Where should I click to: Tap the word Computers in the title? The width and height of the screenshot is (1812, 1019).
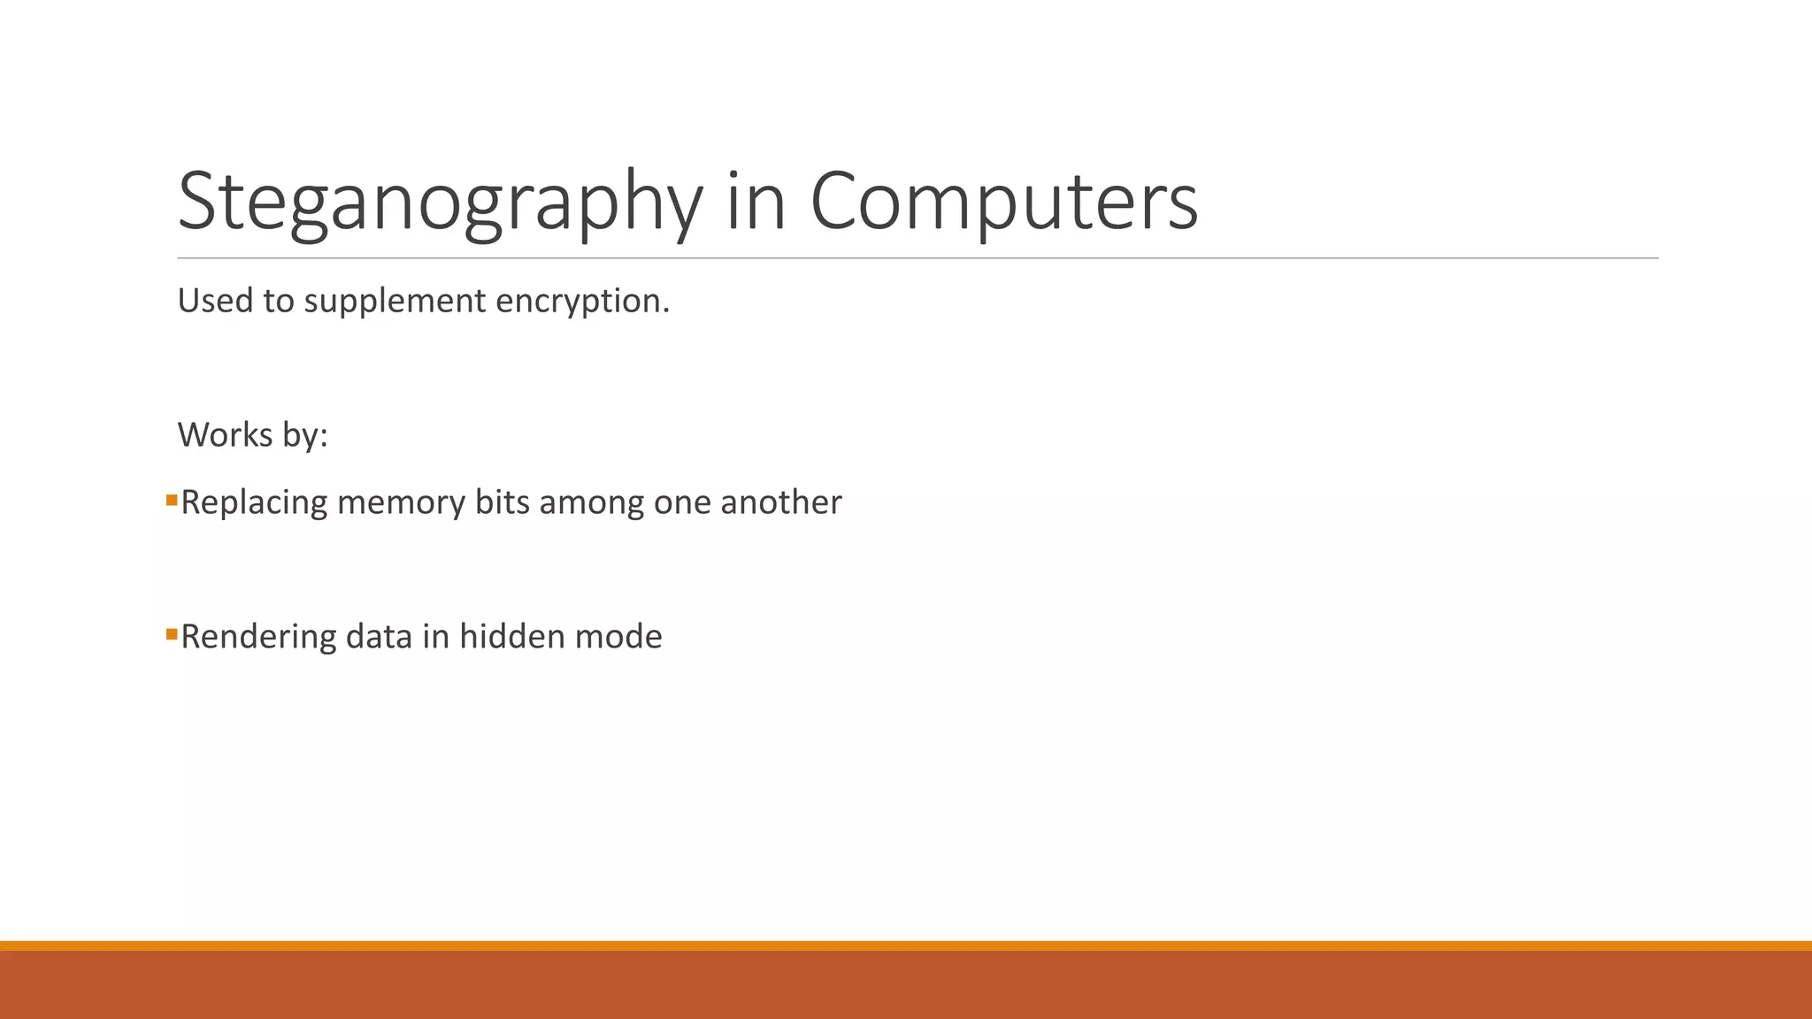point(1003,202)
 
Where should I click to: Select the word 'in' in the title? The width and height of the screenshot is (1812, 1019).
point(756,202)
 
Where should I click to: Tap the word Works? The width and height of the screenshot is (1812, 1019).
point(225,435)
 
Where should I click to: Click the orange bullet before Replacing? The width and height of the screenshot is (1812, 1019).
point(172,501)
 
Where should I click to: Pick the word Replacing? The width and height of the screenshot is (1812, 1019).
point(254,502)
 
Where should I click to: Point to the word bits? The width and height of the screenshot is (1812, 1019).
point(502,502)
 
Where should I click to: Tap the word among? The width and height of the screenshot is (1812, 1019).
point(591,502)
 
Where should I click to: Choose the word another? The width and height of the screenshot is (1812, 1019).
point(780,502)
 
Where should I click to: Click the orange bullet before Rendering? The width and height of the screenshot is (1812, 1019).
point(172,634)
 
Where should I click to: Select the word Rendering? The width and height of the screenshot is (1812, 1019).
point(258,637)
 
